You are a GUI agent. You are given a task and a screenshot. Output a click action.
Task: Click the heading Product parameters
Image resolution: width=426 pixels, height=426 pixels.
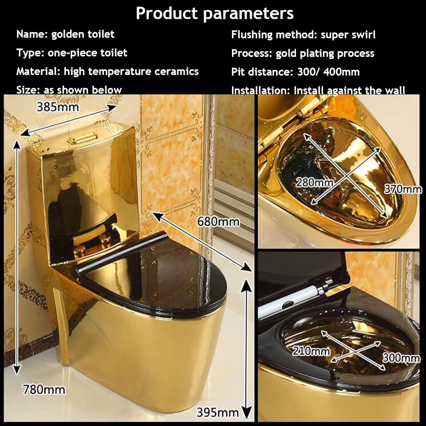[x=215, y=13]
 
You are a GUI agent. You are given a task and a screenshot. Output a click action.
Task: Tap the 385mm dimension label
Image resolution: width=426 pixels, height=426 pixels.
[x=58, y=107]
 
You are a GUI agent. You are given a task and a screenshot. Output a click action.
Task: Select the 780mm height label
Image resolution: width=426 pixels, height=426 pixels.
[x=44, y=390]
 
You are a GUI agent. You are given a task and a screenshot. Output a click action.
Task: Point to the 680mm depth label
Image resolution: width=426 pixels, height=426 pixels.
[x=218, y=221]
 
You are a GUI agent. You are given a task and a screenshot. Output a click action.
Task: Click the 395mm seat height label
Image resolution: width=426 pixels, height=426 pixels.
[x=218, y=412]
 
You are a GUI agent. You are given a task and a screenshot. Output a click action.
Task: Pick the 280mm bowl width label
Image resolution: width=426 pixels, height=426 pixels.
[x=314, y=182]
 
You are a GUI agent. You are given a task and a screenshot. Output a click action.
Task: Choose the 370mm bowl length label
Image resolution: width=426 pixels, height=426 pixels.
[x=403, y=189]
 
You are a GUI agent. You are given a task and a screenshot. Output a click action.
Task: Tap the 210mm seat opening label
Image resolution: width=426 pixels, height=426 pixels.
[x=311, y=351]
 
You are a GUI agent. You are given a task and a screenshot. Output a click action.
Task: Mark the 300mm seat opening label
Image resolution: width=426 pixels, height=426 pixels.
[x=401, y=358]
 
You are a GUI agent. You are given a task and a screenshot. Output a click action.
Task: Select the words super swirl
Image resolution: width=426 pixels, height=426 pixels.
[x=348, y=35]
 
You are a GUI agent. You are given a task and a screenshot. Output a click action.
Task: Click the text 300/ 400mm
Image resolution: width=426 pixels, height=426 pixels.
[x=329, y=72]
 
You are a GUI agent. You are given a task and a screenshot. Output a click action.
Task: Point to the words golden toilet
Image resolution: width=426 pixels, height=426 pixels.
[x=83, y=34]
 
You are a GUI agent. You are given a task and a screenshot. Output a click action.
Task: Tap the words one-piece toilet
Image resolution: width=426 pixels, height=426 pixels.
[x=87, y=53]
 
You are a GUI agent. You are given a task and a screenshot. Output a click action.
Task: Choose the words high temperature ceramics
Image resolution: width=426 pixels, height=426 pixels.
[x=131, y=71]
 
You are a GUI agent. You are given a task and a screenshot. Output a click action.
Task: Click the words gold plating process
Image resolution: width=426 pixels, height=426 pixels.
[x=325, y=53]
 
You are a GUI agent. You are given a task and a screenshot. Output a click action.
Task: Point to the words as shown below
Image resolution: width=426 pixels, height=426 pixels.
[x=83, y=90]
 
